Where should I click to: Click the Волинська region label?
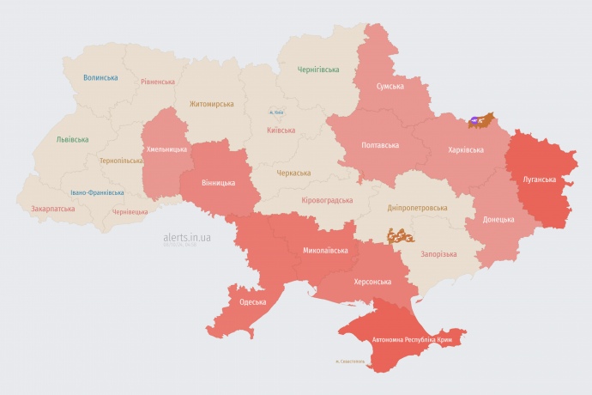(x=100, y=77)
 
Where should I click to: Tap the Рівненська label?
(x=158, y=82)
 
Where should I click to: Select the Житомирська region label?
(x=211, y=104)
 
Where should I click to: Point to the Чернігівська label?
(x=317, y=70)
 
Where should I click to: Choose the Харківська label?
(x=465, y=149)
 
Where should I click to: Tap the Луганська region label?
(x=539, y=179)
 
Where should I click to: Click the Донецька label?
(x=498, y=219)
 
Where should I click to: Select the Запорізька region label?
(x=438, y=254)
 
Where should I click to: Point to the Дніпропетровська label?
(x=417, y=208)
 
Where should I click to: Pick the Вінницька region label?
(x=218, y=183)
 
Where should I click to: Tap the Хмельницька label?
(x=166, y=149)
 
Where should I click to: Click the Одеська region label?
(x=252, y=301)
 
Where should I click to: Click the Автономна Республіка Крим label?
(x=412, y=340)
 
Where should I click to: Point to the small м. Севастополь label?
(x=350, y=361)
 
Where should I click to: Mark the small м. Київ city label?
(x=276, y=112)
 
